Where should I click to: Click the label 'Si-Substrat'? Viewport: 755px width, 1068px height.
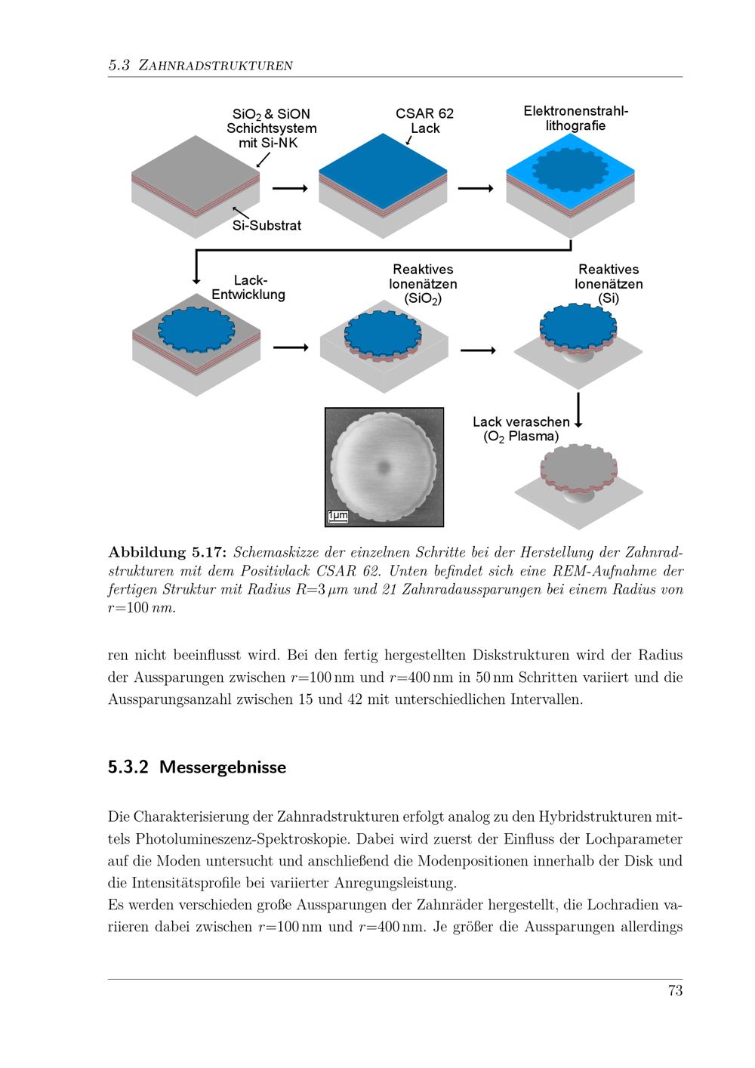pos(267,226)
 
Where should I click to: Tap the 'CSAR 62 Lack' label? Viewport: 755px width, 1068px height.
pos(424,121)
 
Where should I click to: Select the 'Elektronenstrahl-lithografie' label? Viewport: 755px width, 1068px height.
pos(576,119)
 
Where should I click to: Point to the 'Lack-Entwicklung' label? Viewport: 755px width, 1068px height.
pos(248,287)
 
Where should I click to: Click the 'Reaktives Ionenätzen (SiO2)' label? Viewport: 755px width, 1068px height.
pos(423,284)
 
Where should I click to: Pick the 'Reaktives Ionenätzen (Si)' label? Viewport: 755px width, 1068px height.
pos(609,284)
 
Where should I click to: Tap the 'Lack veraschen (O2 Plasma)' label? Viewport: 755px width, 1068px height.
pos(521,429)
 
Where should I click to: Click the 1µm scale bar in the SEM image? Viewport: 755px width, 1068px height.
pos(337,517)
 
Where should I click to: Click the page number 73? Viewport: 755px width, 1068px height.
pos(675,990)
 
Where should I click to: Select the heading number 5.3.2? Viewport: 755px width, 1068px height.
pos(128,767)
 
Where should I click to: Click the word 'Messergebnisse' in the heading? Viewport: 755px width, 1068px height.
pos(223,767)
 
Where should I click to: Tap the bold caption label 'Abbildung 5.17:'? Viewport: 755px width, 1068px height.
pos(168,552)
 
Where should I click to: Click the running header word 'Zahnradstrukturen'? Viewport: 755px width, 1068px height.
pos(215,65)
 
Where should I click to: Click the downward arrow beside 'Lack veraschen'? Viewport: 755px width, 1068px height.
pos(578,410)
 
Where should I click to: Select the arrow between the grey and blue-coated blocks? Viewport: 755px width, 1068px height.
pos(290,188)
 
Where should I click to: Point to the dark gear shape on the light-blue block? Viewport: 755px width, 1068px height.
pos(570,170)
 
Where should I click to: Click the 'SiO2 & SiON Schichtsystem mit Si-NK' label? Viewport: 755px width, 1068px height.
pos(271,128)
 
